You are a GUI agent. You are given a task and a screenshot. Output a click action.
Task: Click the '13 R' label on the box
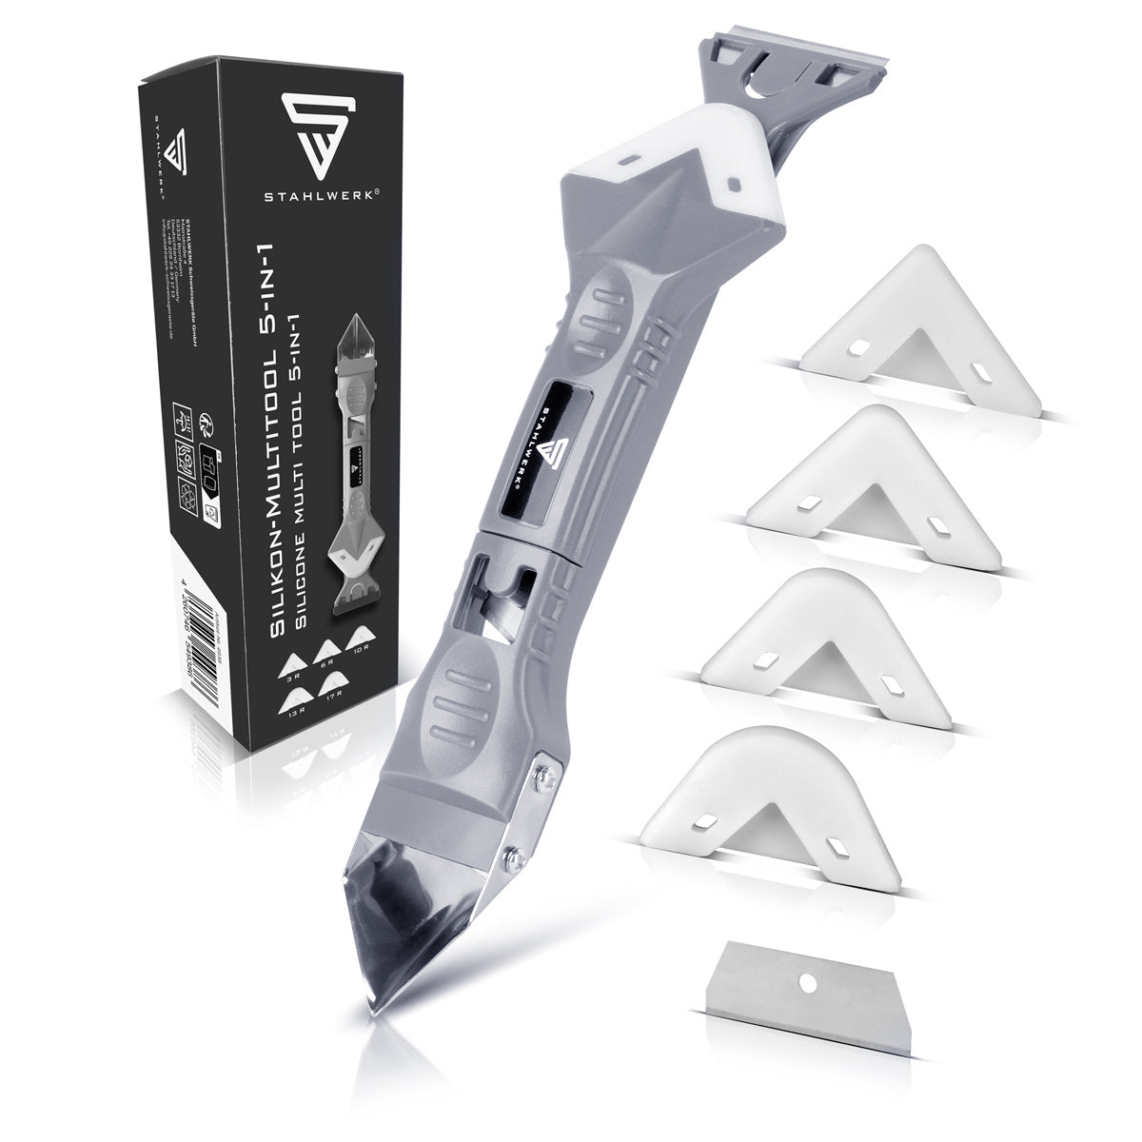(x=293, y=719)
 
